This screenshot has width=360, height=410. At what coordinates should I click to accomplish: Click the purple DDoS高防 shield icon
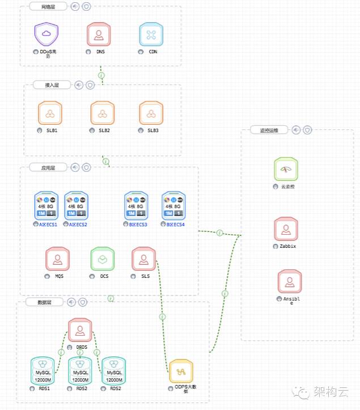click(46, 34)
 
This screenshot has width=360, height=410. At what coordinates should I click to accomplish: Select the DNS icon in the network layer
click(99, 34)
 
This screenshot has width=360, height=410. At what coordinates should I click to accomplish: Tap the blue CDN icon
click(151, 34)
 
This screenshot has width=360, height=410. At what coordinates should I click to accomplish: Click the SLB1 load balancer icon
click(50, 113)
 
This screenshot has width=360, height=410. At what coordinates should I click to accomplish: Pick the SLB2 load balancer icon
click(103, 113)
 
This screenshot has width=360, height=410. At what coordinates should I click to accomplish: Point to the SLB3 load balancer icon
click(151, 113)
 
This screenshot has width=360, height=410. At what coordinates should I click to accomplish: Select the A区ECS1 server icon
click(46, 205)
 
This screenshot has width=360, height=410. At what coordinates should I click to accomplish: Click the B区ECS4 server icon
click(173, 205)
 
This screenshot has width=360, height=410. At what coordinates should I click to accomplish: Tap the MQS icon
click(57, 259)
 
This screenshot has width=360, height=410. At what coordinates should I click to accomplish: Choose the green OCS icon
click(103, 259)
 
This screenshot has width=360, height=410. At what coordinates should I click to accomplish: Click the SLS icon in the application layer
click(143, 259)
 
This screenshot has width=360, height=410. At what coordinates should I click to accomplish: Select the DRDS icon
click(80, 329)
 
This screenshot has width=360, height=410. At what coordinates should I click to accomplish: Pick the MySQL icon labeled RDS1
click(43, 370)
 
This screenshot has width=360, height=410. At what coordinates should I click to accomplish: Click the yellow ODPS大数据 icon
click(181, 371)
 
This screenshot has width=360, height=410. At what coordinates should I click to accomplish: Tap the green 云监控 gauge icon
click(286, 170)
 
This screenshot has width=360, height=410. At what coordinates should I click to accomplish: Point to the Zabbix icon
click(286, 229)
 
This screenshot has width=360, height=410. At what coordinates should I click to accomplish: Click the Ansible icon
click(290, 282)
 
